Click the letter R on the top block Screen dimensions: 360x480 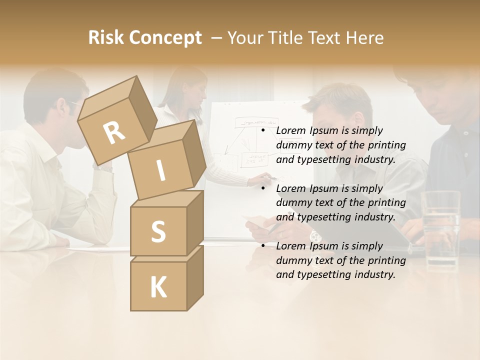[114, 133]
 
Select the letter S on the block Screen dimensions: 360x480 [158, 231]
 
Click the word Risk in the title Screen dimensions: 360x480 [106, 37]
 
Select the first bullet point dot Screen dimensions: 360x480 [262, 131]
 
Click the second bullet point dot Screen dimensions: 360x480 [262, 188]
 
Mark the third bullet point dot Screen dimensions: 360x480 [262, 246]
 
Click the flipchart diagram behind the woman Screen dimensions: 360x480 [252, 142]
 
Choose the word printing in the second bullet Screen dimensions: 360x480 [386, 202]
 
